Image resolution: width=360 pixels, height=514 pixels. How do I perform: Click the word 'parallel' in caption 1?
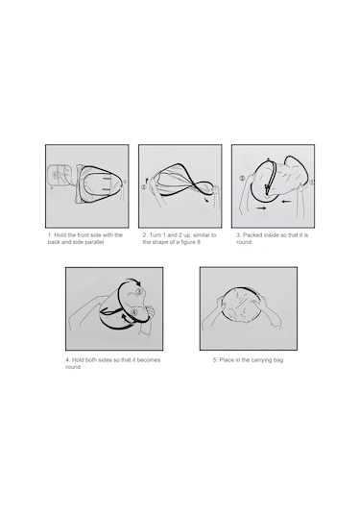click(x=96, y=242)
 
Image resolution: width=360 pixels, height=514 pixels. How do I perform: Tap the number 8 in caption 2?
click(x=198, y=242)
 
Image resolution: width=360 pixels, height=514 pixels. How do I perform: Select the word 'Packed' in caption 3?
click(x=252, y=235)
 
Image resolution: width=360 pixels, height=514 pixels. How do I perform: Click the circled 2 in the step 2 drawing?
click(x=144, y=187)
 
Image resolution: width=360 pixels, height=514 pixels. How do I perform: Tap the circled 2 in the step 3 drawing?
click(x=242, y=179)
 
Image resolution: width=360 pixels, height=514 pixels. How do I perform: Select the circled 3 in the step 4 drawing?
click(x=139, y=291)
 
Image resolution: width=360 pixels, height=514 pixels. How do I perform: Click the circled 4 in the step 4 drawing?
click(x=133, y=313)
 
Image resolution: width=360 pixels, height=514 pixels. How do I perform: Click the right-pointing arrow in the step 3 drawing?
click(x=261, y=208)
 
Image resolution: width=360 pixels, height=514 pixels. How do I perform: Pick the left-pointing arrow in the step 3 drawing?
click(x=287, y=201)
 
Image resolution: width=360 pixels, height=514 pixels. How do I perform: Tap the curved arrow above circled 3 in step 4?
click(x=132, y=281)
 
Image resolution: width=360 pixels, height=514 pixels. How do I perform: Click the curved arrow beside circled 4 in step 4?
click(x=126, y=319)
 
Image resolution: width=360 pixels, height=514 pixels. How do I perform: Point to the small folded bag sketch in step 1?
click(x=59, y=177)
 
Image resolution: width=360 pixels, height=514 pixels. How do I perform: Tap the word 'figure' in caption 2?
click(x=187, y=242)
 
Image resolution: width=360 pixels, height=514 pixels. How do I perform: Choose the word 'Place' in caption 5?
click(x=227, y=360)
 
